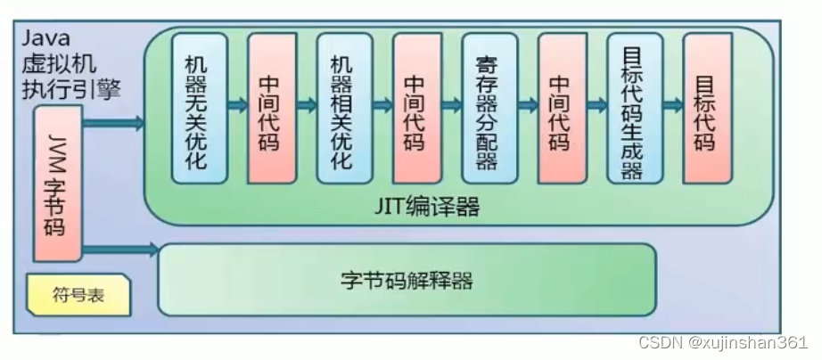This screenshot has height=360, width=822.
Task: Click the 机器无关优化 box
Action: [x=199, y=108]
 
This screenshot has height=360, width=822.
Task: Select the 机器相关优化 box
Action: [x=344, y=108]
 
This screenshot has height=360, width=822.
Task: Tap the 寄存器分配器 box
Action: [x=489, y=108]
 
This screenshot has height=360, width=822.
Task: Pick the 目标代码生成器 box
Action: [x=634, y=108]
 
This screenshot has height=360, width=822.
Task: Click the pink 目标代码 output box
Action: [x=707, y=108]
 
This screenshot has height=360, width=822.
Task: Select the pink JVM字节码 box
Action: [x=58, y=183]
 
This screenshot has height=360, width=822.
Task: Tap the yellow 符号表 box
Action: [x=78, y=295]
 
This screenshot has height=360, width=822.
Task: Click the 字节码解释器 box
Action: [x=407, y=279]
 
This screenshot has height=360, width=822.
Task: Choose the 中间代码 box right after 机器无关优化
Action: [x=271, y=108]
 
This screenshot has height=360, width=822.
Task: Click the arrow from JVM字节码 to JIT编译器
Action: [x=111, y=123]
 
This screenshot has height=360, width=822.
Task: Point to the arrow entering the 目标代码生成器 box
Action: [x=596, y=105]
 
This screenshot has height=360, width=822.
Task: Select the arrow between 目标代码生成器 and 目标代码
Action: [x=671, y=105]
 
